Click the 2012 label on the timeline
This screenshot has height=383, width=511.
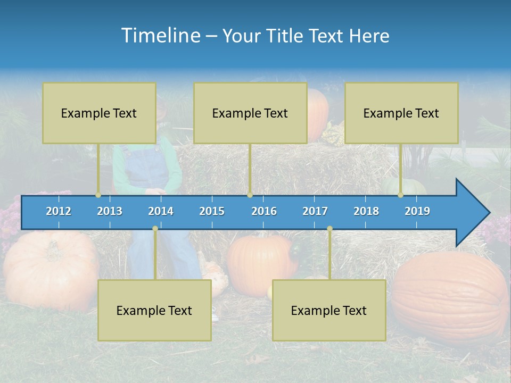click(59, 211)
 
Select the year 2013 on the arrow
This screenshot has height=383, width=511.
click(110, 211)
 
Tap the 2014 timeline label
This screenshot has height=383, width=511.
click(161, 211)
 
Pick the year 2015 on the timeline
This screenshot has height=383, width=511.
click(212, 211)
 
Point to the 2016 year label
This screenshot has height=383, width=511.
click(264, 211)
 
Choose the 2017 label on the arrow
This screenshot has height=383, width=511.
click(315, 211)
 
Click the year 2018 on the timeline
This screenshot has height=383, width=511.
click(366, 211)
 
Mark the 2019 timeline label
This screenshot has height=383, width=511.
click(417, 211)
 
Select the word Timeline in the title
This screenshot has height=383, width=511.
click(160, 36)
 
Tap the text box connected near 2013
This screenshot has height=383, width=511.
click(99, 113)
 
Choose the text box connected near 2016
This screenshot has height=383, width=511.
click(250, 113)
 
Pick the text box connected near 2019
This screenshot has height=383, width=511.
click(401, 113)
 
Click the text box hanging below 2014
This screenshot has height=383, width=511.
click(154, 310)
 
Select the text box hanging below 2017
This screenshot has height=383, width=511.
click(329, 310)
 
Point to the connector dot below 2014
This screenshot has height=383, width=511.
click(155, 228)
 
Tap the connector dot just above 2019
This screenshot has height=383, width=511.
click(401, 195)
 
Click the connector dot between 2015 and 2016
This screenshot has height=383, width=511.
click(250, 195)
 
